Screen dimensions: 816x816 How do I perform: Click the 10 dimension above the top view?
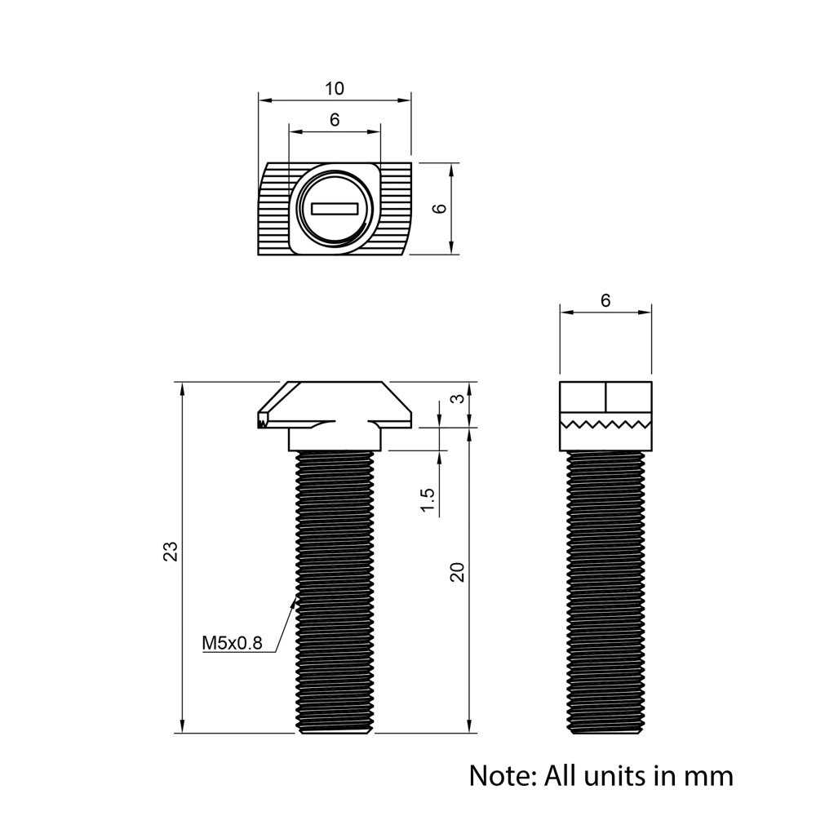tap(335, 88)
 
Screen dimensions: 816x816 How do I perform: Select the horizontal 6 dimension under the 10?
tap(335, 120)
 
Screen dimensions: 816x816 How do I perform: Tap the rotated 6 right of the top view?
tap(440, 208)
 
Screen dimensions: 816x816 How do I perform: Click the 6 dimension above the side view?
tap(605, 300)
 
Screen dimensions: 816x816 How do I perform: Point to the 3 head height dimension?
tap(459, 399)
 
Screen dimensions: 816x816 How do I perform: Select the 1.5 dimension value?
tap(426, 500)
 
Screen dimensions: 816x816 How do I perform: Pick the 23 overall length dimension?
tap(170, 552)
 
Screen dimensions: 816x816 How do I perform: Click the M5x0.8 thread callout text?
tap(232, 643)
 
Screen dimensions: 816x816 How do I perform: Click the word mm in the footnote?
tap(710, 774)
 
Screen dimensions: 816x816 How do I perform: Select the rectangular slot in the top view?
tap(335, 209)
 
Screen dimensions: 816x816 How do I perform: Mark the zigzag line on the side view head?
tap(605, 424)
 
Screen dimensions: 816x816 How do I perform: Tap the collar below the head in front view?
tap(335, 439)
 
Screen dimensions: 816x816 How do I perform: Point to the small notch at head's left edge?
tap(262, 422)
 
